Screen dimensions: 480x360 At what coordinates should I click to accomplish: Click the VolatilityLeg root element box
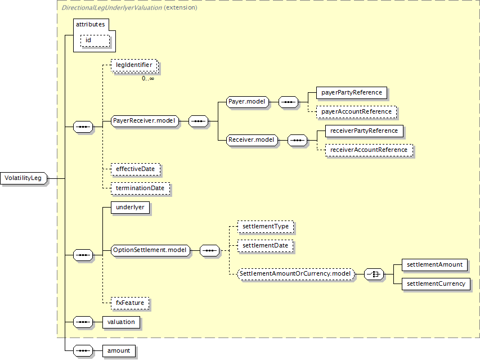click(x=24, y=178)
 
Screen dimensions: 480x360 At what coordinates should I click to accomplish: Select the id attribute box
click(x=95, y=40)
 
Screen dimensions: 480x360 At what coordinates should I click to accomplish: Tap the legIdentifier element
click(x=134, y=65)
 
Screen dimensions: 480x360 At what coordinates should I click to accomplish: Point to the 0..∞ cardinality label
click(x=148, y=79)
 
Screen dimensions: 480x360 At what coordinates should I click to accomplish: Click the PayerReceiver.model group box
click(x=145, y=121)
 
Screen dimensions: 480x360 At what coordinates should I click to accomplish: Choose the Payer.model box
click(x=248, y=102)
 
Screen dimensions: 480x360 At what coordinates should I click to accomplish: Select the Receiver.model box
click(x=252, y=140)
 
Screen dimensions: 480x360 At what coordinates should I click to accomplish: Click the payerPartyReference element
click(x=352, y=93)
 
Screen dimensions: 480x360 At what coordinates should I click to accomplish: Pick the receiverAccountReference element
click(x=369, y=150)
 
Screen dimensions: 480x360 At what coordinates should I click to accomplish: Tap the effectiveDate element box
click(x=136, y=169)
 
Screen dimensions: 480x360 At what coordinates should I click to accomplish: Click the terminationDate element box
click(x=140, y=188)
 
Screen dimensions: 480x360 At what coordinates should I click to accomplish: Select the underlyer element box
click(x=130, y=208)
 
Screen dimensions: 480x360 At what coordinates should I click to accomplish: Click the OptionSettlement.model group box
click(x=150, y=250)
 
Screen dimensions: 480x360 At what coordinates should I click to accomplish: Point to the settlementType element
click(x=266, y=227)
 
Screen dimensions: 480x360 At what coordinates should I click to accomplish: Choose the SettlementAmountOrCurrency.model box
click(x=296, y=274)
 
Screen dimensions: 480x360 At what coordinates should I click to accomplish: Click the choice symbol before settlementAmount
click(x=374, y=274)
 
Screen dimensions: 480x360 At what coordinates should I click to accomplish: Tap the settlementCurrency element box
click(x=436, y=284)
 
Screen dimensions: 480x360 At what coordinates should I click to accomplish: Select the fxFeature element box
click(x=130, y=303)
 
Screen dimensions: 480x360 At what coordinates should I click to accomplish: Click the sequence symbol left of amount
click(x=83, y=351)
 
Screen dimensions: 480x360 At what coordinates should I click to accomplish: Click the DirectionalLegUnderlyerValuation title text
click(x=112, y=8)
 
